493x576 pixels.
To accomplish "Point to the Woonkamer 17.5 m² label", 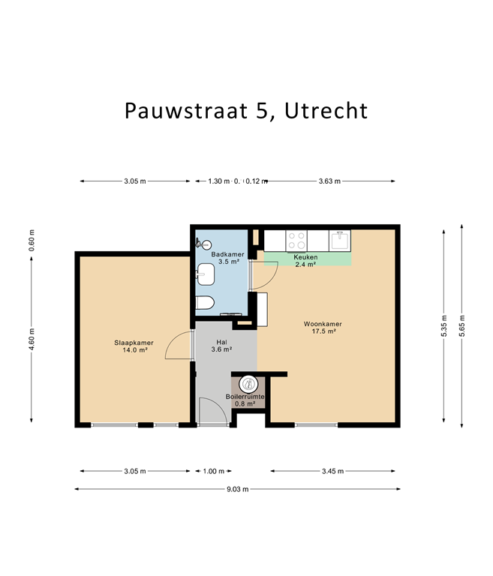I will [x=318, y=328].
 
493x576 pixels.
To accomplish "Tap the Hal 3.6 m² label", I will [x=221, y=346].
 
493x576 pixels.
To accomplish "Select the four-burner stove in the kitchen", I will [x=296, y=240].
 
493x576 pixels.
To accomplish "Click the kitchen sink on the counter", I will [x=340, y=240].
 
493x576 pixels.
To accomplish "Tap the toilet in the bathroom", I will [x=204, y=303].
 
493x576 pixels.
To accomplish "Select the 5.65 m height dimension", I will [x=462, y=325].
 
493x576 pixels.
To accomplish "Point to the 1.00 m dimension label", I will [x=214, y=471].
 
